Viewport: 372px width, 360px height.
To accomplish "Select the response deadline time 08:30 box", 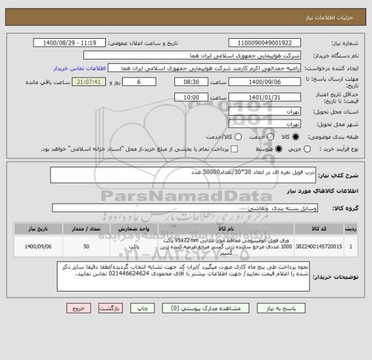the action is pyautogui.click(x=191, y=82).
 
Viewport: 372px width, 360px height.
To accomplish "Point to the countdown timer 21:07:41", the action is pyautogui.click(x=95, y=82).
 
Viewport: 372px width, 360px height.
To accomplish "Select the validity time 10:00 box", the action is pyautogui.click(x=191, y=96).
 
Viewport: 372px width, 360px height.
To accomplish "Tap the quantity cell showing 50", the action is pyautogui.click(x=87, y=246).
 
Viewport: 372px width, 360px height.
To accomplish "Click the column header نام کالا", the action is pyautogui.click(x=226, y=229).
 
